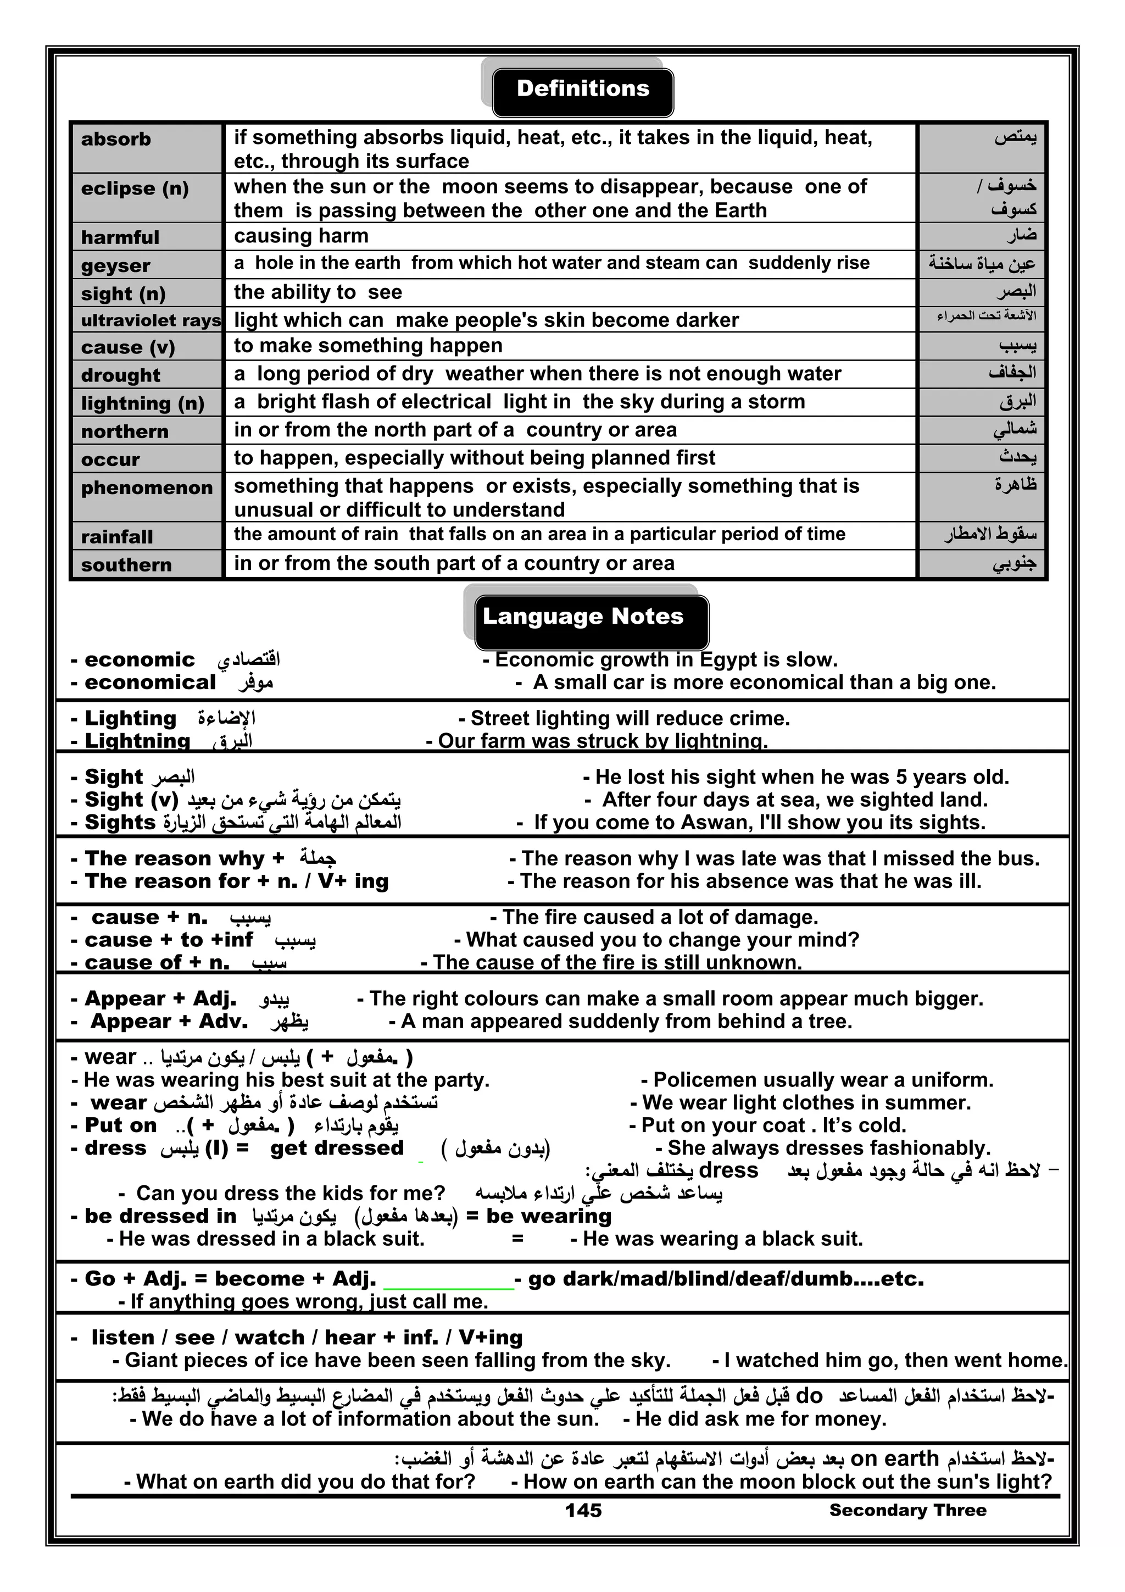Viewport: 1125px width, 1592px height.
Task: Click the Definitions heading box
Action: pyautogui.click(x=582, y=90)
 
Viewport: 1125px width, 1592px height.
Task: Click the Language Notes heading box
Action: pyautogui.click(x=591, y=618)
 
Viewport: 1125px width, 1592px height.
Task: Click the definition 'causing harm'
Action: pyautogui.click(x=301, y=236)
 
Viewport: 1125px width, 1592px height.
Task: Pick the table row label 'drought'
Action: pyautogui.click(x=121, y=375)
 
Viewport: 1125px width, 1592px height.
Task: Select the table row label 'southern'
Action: pyautogui.click(x=126, y=565)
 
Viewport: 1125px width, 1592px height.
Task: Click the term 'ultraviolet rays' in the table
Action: pyautogui.click(x=151, y=320)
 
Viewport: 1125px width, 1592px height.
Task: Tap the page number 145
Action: pyautogui.click(x=583, y=1510)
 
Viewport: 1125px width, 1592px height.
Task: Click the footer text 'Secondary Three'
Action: pyautogui.click(x=907, y=1510)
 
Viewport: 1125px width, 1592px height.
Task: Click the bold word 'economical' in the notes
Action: pyautogui.click(x=150, y=683)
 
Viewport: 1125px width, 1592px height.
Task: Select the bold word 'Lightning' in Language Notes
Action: pyautogui.click(x=137, y=741)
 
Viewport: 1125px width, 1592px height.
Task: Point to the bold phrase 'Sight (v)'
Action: pyautogui.click(x=131, y=800)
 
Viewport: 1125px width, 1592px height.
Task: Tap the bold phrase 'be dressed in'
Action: pyautogui.click(x=160, y=1235)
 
